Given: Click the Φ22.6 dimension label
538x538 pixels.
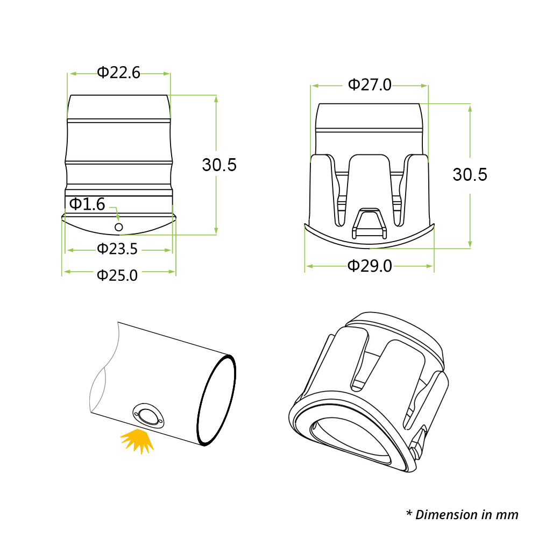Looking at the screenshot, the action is [x=119, y=73].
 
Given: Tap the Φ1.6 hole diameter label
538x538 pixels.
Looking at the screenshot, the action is [x=87, y=204].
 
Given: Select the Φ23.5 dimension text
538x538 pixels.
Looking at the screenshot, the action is [x=117, y=249].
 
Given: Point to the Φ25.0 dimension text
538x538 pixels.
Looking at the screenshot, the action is [x=117, y=275].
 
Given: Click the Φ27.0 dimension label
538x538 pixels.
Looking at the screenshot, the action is [x=370, y=85].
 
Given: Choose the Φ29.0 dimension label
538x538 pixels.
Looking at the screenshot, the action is [x=370, y=266].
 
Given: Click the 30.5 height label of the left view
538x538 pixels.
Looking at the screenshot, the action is [x=220, y=165].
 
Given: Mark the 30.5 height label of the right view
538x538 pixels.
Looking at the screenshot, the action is [x=470, y=174].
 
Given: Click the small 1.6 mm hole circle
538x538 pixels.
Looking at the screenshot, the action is [x=119, y=227].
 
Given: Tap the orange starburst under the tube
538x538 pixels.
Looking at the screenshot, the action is [x=138, y=441].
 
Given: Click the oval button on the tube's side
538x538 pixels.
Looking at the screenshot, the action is [x=148, y=416].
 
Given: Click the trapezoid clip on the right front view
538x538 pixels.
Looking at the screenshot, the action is [x=369, y=223].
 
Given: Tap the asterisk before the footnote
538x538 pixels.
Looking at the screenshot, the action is [x=409, y=513].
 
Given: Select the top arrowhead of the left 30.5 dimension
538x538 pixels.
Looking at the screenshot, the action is [x=216, y=100].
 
